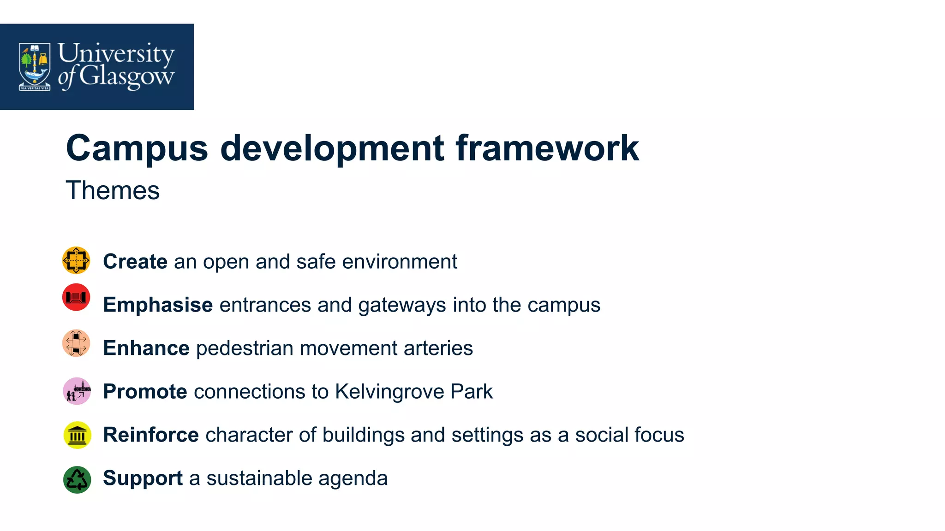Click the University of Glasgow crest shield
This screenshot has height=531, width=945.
[35, 66]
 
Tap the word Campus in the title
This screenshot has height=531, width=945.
[137, 149]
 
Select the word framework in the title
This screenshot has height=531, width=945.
[547, 148]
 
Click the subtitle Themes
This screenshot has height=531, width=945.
[113, 190]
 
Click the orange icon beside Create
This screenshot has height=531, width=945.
[76, 260]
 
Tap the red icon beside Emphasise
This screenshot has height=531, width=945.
[76, 297]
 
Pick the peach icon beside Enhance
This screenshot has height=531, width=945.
[76, 343]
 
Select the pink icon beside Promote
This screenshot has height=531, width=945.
[77, 391]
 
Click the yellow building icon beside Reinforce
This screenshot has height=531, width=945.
[77, 435]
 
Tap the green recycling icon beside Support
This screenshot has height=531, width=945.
[77, 480]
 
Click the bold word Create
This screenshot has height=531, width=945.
[135, 261]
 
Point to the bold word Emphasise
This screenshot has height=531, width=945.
[158, 305]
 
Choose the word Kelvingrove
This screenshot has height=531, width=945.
[390, 392]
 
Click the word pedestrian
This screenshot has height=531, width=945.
[245, 348]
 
